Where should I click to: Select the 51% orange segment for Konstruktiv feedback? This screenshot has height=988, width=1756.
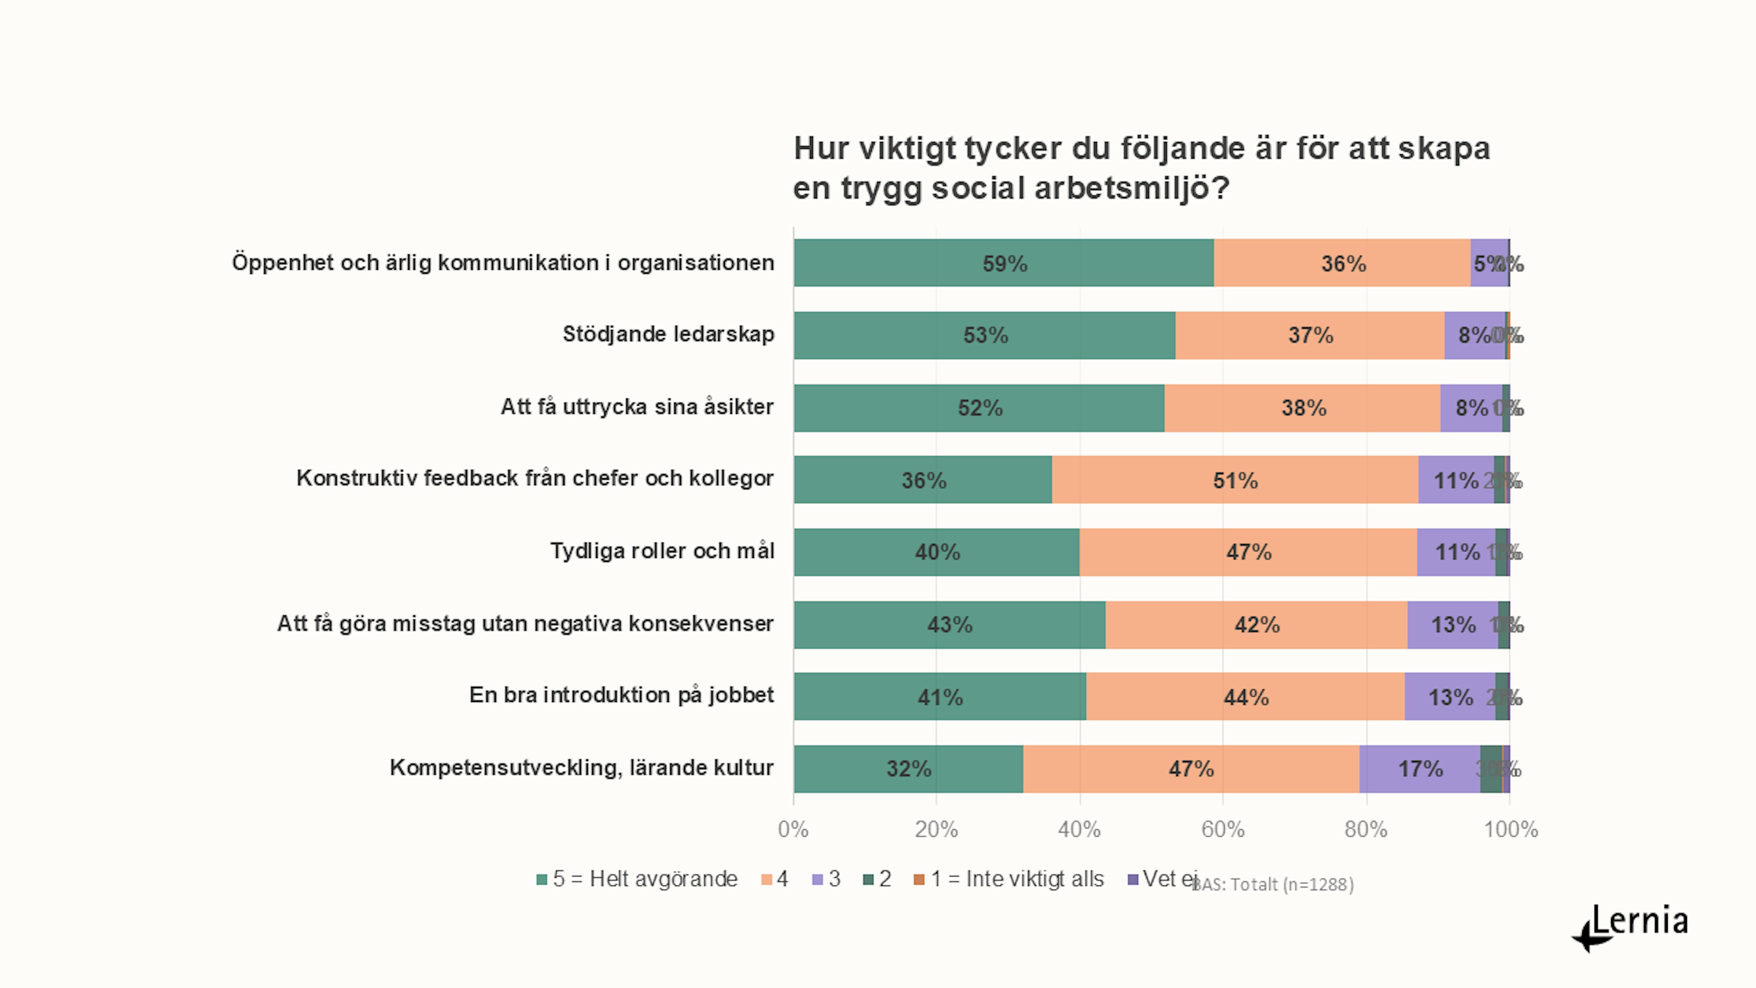[x=1235, y=480]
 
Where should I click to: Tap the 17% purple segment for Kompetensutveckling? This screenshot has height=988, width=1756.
[x=1420, y=769]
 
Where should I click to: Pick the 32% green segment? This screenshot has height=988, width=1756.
[x=908, y=769]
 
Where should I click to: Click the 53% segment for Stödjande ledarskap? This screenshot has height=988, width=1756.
[x=985, y=335]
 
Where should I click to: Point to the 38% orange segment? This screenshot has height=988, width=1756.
[x=1303, y=408]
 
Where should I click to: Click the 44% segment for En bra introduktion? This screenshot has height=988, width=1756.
[x=1245, y=697]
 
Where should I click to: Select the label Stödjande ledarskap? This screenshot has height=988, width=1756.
[x=668, y=334]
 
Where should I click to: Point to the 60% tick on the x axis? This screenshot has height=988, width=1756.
[x=1222, y=829]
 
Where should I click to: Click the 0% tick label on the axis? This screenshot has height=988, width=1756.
[x=793, y=829]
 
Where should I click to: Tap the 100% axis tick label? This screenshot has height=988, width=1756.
[x=1510, y=829]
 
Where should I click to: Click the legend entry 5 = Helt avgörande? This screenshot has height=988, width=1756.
[x=644, y=879]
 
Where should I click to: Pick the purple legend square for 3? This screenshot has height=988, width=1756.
[x=817, y=880]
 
